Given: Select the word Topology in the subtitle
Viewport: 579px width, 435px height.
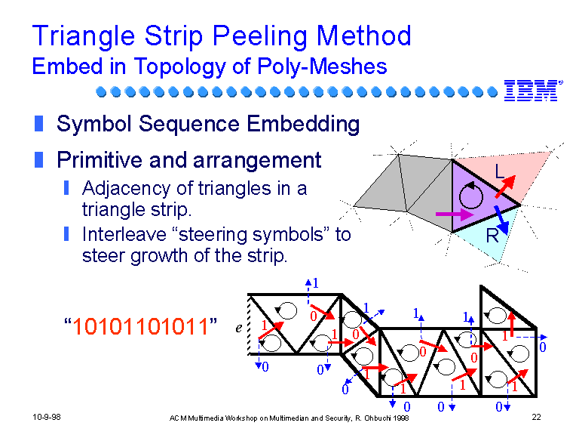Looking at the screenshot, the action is pos(180,67).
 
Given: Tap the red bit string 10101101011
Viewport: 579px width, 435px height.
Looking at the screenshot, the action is pos(140,326).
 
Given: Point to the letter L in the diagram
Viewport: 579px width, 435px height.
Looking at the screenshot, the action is pos(499,171).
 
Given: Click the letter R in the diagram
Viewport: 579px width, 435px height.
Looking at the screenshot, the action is pos(492,236).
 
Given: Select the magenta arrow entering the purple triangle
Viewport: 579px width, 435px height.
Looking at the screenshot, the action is pos(454,214).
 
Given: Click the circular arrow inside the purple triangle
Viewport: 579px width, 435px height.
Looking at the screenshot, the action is pos(470,195).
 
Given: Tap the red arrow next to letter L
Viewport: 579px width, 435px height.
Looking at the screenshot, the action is pos(505,187).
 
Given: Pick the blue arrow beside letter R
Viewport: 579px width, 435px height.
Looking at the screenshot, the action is pos(502,219).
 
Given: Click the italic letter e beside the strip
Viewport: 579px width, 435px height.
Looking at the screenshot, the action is pos(239,328).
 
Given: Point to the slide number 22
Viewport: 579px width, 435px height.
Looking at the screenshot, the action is pos(536,417).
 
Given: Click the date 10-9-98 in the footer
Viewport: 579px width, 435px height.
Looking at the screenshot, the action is pos(47,417).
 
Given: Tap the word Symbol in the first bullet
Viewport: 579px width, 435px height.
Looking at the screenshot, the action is pos(94,124).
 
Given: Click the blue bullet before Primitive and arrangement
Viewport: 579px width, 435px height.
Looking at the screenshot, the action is pos(38,160).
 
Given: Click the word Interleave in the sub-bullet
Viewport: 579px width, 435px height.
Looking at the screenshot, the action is pos(124,235).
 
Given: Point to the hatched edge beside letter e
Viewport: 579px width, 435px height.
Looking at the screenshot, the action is pos(250,325).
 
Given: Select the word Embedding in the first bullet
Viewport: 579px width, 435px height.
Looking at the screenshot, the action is pos(303,125).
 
